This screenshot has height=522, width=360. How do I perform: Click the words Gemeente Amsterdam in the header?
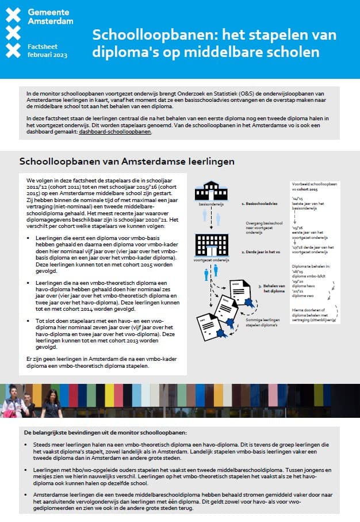[50, 17]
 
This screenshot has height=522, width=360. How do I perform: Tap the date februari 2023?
[47, 55]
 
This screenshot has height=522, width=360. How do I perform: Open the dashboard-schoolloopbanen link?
[115, 132]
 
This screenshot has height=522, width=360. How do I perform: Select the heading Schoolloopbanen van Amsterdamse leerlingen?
[127, 162]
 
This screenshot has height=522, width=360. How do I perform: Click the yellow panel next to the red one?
[218, 394]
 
